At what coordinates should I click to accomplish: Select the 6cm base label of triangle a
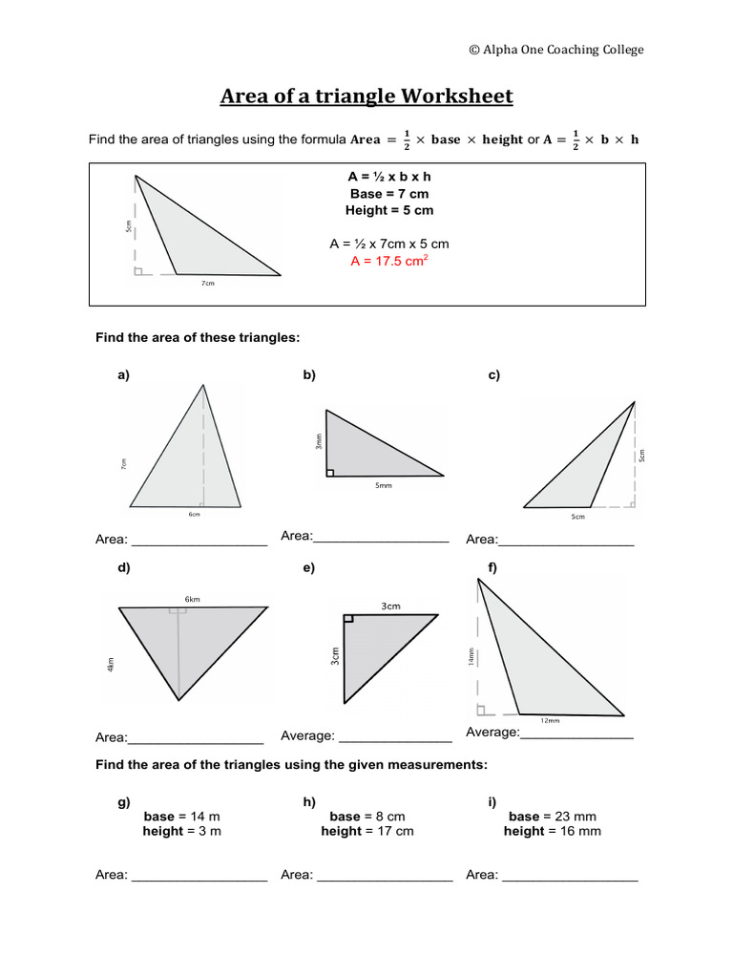(195, 515)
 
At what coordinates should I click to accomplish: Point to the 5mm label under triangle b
(384, 486)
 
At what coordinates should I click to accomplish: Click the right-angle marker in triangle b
(330, 472)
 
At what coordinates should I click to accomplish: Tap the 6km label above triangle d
(193, 599)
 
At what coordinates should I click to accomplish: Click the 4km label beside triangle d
(112, 663)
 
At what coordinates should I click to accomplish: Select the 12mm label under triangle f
(551, 721)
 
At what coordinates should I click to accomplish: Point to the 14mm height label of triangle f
(471, 658)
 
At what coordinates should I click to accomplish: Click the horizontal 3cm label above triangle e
(390, 606)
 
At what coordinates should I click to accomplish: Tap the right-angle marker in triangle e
(348, 619)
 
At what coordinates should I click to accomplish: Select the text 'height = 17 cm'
(367, 832)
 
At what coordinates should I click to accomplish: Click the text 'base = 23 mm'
(553, 817)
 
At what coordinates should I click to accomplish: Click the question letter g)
(124, 802)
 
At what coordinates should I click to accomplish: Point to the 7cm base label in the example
(208, 284)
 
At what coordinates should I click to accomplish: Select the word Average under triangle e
(307, 736)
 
